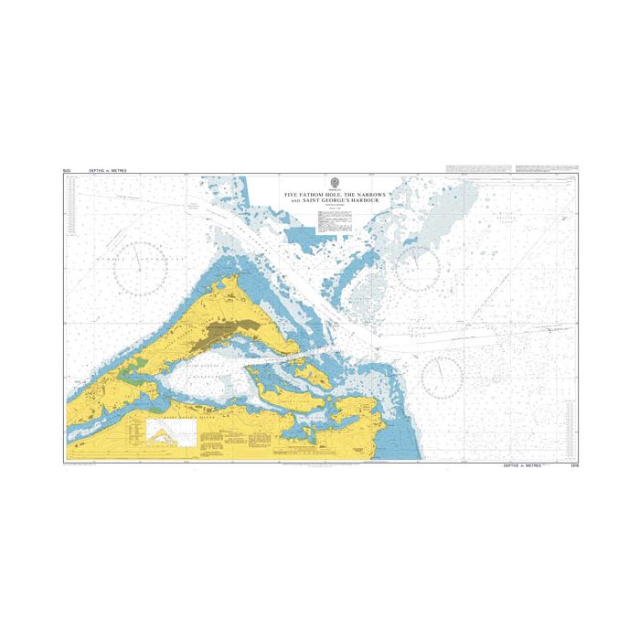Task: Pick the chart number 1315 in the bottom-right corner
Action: tap(571, 467)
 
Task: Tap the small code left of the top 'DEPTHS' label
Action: tap(67, 171)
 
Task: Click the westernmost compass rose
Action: tap(140, 268)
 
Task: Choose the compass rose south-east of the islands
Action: tap(441, 376)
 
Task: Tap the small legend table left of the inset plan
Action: tap(136, 430)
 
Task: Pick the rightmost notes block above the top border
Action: tap(545, 168)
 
